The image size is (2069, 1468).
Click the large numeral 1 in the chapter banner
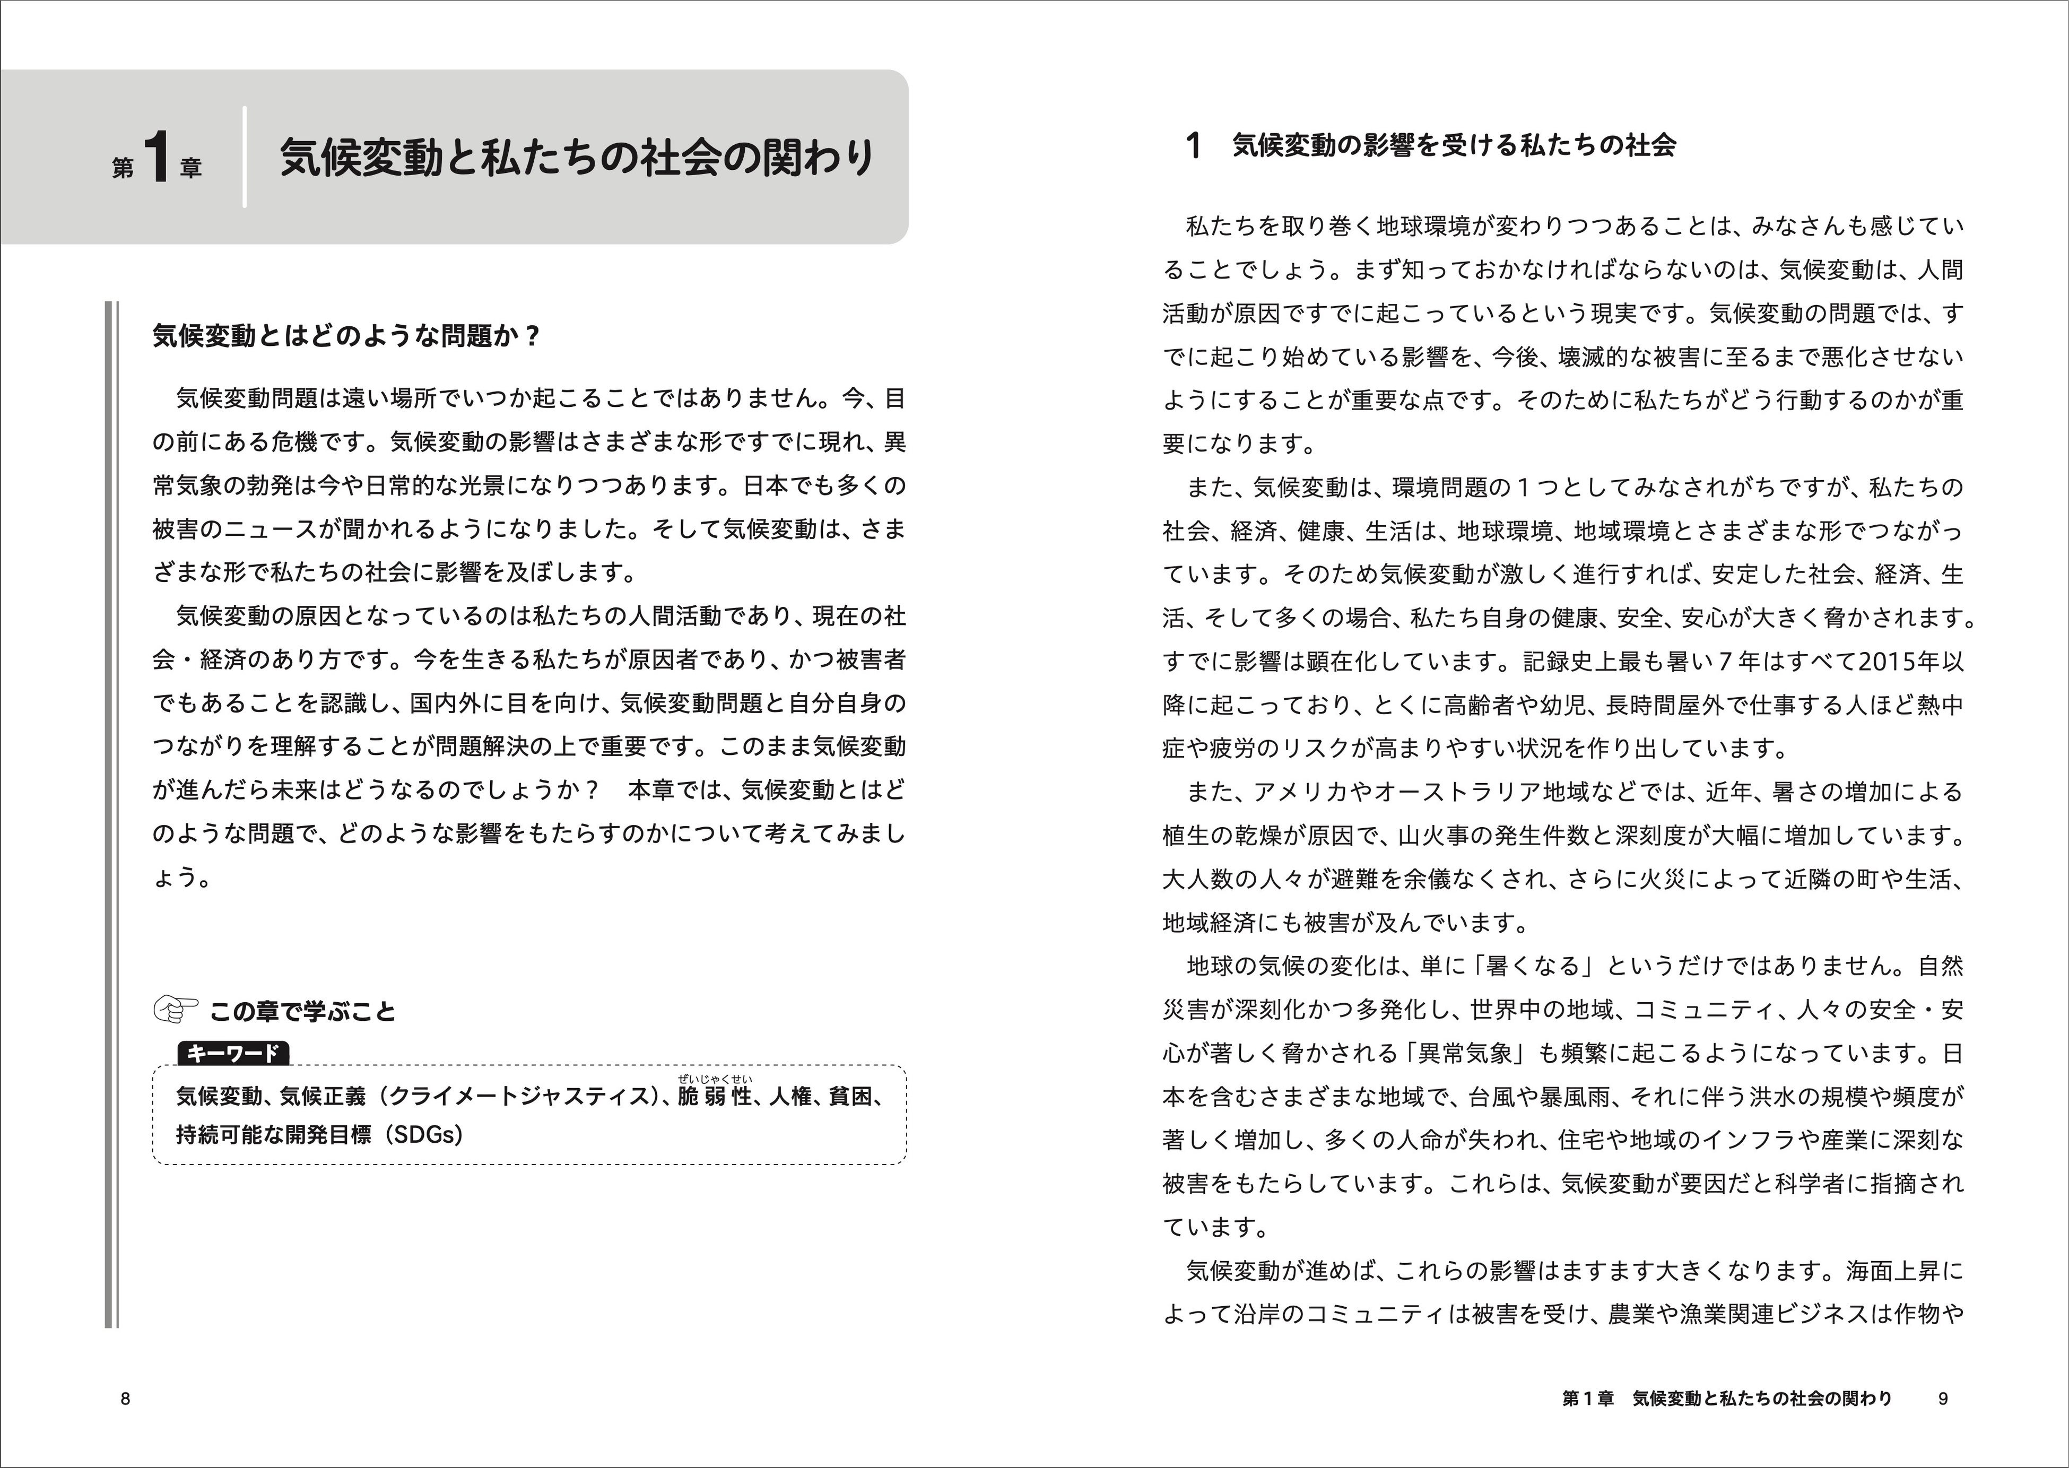pos(157,158)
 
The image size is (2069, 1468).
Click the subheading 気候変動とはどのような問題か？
pos(346,336)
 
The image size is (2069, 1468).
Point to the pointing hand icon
pos(176,1010)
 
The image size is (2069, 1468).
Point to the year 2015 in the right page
pos(1891,662)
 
